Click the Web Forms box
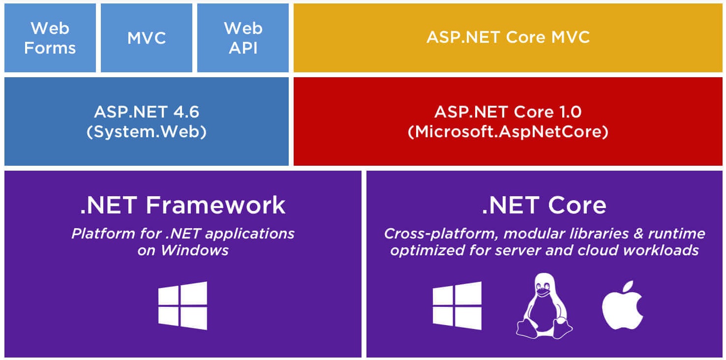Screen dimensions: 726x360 pyautogui.click(x=50, y=37)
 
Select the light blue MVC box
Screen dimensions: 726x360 pyautogui.click(x=147, y=37)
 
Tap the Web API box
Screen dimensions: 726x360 pyautogui.click(x=243, y=37)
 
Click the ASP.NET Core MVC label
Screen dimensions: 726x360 pyautogui.click(x=508, y=37)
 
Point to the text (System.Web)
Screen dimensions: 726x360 pyautogui.click(x=147, y=131)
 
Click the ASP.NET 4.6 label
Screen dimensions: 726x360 pyautogui.click(x=147, y=112)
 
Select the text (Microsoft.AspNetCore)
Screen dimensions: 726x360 pyautogui.click(x=508, y=131)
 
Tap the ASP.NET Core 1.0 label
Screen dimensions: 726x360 pyautogui.click(x=508, y=112)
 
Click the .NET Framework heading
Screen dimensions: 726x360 pyautogui.click(x=183, y=205)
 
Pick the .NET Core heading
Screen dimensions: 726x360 pyautogui.click(x=544, y=205)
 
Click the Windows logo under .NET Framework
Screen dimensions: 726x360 pyautogui.click(x=182, y=305)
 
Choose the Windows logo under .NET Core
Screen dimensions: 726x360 pyautogui.click(x=457, y=305)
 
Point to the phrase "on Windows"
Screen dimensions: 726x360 pyautogui.click(x=183, y=250)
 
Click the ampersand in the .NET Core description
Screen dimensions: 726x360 pyautogui.click(x=638, y=234)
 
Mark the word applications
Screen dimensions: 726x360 pyautogui.click(x=250, y=234)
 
